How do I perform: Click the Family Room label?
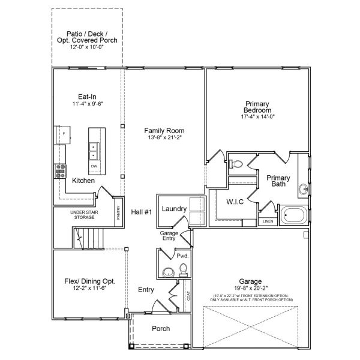164,130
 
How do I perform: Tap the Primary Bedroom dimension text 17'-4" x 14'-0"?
257,117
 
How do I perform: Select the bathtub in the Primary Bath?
294,214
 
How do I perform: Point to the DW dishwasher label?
94,166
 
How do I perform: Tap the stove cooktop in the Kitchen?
61,172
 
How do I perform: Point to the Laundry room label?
175,209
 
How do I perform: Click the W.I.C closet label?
235,202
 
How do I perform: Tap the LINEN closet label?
268,222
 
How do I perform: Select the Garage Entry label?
170,236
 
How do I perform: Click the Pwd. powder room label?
182,256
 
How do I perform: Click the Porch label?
160,328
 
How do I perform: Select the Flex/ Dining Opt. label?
89,281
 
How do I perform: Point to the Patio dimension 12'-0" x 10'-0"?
87,46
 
